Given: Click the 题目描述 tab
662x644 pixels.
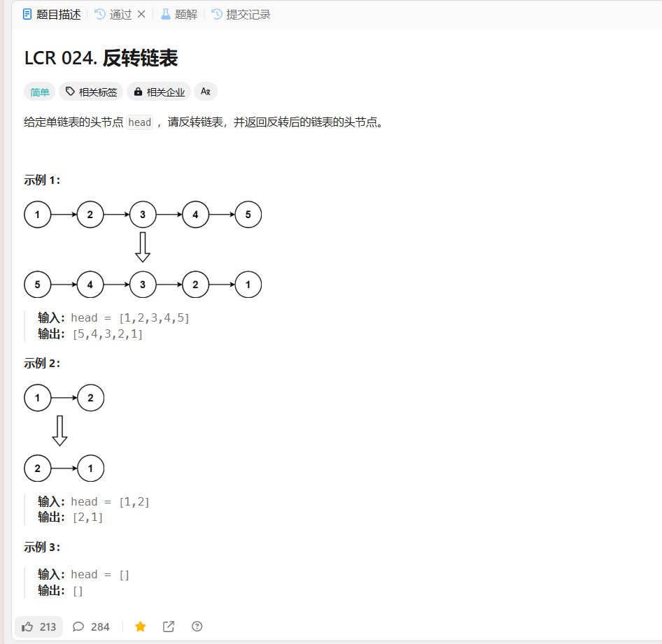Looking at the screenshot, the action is pyautogui.click(x=52, y=14).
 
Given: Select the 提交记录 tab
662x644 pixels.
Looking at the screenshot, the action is pyautogui.click(x=241, y=14).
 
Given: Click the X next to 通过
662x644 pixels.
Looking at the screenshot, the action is pyautogui.click(x=141, y=14).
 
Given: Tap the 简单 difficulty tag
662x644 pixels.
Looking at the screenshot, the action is pyautogui.click(x=39, y=92).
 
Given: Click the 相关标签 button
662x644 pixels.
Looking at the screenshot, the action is pyautogui.click(x=91, y=92).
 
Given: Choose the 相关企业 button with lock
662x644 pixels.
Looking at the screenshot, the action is pyautogui.click(x=159, y=92).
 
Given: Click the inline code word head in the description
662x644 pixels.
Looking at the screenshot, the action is pyautogui.click(x=139, y=122).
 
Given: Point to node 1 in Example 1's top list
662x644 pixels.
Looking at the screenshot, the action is pyautogui.click(x=38, y=215).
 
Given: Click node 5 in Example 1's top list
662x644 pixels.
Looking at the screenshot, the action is pyautogui.click(x=248, y=215).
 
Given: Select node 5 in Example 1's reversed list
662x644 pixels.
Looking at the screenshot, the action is pyautogui.click(x=38, y=285).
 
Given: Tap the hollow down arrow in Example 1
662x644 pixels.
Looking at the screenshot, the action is pyautogui.click(x=143, y=248).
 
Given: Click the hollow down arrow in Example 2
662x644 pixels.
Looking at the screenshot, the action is pyautogui.click(x=60, y=431).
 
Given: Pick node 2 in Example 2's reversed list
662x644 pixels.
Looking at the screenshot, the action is pyautogui.click(x=38, y=468).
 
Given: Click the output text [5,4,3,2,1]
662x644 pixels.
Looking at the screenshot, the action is pyautogui.click(x=108, y=334).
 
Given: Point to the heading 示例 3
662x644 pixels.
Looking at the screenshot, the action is pyautogui.click(x=42, y=548).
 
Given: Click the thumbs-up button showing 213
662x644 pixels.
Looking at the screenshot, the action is pyautogui.click(x=39, y=627).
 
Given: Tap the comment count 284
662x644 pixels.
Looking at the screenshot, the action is pyautogui.click(x=92, y=627).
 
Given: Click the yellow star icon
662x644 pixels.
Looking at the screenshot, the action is pyautogui.click(x=141, y=627).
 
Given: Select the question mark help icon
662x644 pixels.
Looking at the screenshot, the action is pyautogui.click(x=197, y=627).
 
